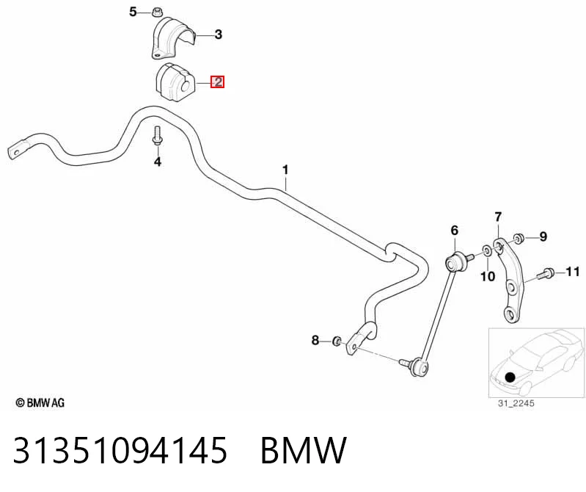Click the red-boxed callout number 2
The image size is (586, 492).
click(x=217, y=82)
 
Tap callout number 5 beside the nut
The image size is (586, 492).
click(x=133, y=12)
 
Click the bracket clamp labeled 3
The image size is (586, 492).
click(x=173, y=37)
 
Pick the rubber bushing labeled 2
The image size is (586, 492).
click(x=174, y=82)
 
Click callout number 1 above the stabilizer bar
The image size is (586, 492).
click(x=285, y=170)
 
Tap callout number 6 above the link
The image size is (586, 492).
click(x=455, y=230)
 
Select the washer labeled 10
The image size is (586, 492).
click(x=487, y=250)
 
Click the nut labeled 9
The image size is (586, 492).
click(x=518, y=239)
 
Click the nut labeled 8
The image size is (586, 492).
click(x=337, y=341)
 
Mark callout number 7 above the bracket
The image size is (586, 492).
click(x=498, y=217)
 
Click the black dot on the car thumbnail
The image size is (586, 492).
click(x=510, y=377)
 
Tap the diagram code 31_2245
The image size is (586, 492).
click(x=516, y=403)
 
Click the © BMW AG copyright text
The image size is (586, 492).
click(x=40, y=403)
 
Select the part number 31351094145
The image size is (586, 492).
click(x=120, y=450)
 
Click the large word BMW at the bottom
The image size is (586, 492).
click(x=304, y=450)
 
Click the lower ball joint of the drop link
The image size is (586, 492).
click(x=420, y=366)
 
